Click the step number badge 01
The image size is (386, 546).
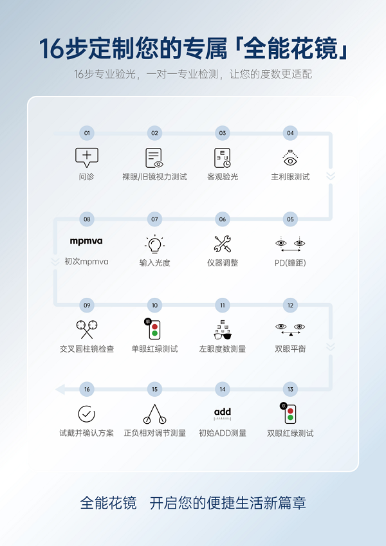pyautogui.click(x=87, y=133)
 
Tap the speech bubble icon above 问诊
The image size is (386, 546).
pyautogui.click(x=87, y=157)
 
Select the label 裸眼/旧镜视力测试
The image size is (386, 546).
pyautogui.click(x=154, y=176)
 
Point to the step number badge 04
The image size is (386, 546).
pyautogui.click(x=290, y=133)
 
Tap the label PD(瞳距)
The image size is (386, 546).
pyautogui.click(x=289, y=262)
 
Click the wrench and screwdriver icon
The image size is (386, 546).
pyautogui.click(x=222, y=244)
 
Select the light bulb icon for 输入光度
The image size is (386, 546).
pyautogui.click(x=154, y=244)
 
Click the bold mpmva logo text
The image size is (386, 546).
pyautogui.click(x=86, y=241)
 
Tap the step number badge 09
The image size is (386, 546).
pyautogui.click(x=87, y=305)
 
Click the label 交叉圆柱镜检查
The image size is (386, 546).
pyautogui.click(x=86, y=349)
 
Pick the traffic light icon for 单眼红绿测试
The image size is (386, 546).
pyautogui.click(x=154, y=329)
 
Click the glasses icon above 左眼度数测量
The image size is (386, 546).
pyautogui.click(x=222, y=333)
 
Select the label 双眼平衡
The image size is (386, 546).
pyautogui.click(x=290, y=349)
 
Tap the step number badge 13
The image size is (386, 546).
pyautogui.click(x=290, y=389)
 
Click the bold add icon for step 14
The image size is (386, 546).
pyautogui.click(x=222, y=412)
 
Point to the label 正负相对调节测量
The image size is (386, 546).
pyautogui.click(x=154, y=433)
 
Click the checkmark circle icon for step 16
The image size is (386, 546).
pyautogui.click(x=86, y=414)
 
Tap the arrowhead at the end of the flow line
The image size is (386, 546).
pyautogui.click(x=60, y=389)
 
